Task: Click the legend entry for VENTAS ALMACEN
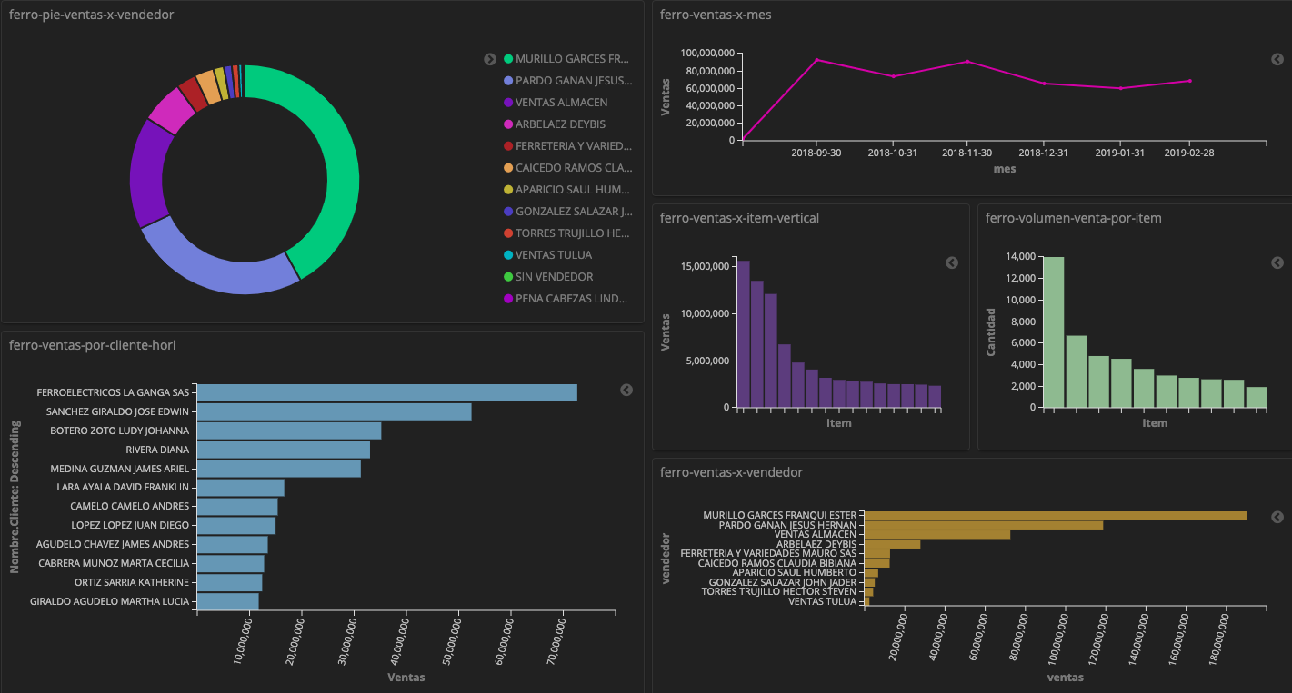pos(561,103)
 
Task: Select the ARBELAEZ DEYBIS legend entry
pos(560,124)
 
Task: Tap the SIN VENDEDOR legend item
pos(554,277)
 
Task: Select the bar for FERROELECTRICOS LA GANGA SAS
pos(386,392)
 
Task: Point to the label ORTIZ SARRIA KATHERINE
pos(132,582)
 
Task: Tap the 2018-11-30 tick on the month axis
pos(967,153)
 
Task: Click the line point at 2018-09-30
pos(816,60)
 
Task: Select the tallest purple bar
pos(743,333)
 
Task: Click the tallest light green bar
pos(1053,332)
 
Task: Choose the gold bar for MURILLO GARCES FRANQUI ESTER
pos(1055,515)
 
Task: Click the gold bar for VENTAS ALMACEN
pos(936,535)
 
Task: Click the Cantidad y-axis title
pos(992,332)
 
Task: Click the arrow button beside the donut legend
pos(490,59)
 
